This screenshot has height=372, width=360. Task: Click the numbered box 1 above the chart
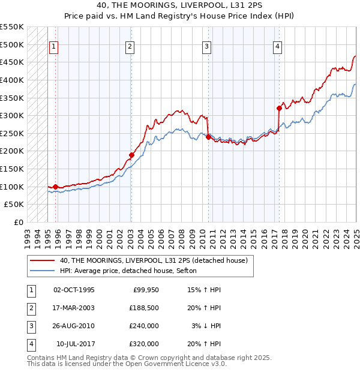54,46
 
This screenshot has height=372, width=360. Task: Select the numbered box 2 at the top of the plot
130,46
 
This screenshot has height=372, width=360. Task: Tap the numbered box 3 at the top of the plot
206,46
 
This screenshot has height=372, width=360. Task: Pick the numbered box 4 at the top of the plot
278,46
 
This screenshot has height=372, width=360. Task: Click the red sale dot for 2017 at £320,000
279,108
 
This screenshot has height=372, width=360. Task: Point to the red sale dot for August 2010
208,137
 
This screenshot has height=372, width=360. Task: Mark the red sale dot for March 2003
131,155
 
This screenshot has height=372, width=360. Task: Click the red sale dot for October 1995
56,187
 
